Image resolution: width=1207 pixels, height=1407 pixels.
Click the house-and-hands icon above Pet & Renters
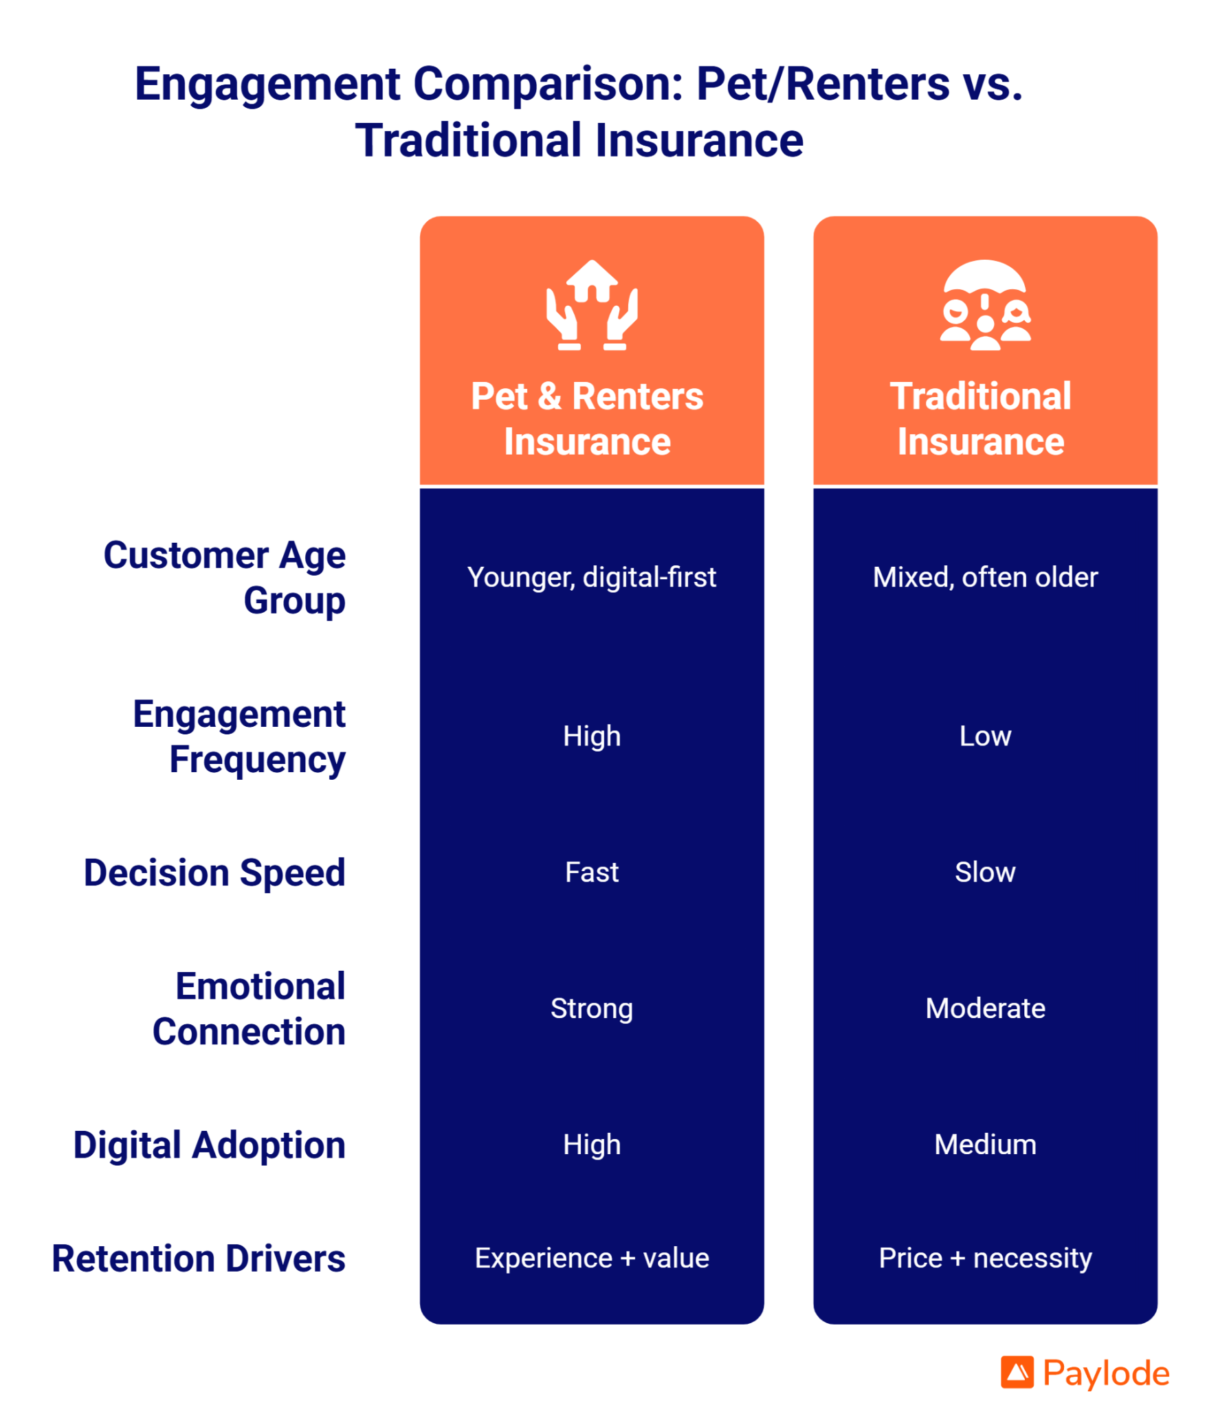click(591, 305)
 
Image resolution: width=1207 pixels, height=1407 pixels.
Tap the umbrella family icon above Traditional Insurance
click(984, 305)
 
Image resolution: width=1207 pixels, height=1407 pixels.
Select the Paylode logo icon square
click(1016, 1371)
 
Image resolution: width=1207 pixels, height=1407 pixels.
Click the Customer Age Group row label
click(224, 577)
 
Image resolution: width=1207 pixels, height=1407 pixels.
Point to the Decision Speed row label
click(214, 873)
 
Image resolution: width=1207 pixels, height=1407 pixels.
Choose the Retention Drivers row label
click(199, 1258)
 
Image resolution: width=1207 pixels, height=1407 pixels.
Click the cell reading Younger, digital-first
click(591, 577)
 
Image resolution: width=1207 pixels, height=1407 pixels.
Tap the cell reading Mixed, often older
click(984, 577)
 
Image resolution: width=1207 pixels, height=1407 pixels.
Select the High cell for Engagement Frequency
click(591, 736)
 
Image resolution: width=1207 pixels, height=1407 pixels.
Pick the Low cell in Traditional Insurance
click(984, 736)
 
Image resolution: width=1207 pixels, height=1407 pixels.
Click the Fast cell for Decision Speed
click(591, 872)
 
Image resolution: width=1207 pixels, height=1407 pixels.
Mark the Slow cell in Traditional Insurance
click(984, 872)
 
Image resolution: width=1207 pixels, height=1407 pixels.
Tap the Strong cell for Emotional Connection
click(591, 1008)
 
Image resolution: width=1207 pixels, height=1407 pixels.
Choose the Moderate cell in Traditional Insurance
click(984, 1008)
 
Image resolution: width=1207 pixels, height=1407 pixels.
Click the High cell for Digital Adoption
click(591, 1144)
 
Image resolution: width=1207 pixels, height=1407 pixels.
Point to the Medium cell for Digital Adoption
click(984, 1144)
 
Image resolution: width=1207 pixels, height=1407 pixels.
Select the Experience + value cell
click(591, 1258)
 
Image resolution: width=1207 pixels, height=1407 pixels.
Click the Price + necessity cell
click(984, 1258)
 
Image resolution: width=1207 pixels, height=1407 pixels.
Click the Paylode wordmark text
click(1105, 1373)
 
